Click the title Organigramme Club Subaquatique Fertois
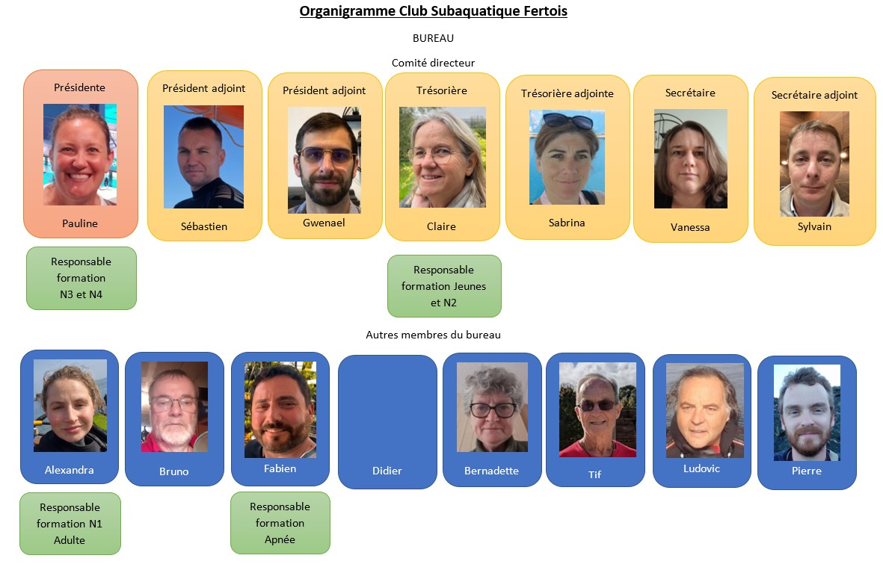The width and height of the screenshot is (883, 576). (x=433, y=11)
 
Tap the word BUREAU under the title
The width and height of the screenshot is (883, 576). (x=433, y=38)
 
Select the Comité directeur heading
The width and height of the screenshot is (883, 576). (x=433, y=63)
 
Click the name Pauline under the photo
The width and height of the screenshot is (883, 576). (x=80, y=223)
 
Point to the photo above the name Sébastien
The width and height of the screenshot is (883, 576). (x=203, y=157)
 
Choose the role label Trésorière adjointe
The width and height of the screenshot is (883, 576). (x=567, y=93)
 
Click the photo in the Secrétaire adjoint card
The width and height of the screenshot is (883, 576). (x=814, y=164)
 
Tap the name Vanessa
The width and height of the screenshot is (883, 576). (x=690, y=227)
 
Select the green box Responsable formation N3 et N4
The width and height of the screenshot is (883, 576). (x=81, y=278)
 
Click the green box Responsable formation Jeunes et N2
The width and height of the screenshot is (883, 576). (x=444, y=286)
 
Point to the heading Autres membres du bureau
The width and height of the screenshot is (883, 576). (x=433, y=335)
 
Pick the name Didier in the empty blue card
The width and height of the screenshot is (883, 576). (x=387, y=471)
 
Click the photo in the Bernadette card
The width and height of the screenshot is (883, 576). (x=492, y=407)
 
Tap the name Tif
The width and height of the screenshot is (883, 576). (x=595, y=474)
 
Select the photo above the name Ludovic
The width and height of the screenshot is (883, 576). (x=705, y=410)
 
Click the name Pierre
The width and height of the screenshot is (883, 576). (x=807, y=471)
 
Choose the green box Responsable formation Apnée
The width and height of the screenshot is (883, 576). (x=280, y=523)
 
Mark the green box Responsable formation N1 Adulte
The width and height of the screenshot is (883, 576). (x=70, y=524)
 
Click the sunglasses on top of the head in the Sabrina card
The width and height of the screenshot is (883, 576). (x=567, y=120)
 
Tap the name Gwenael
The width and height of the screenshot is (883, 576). (x=324, y=223)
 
